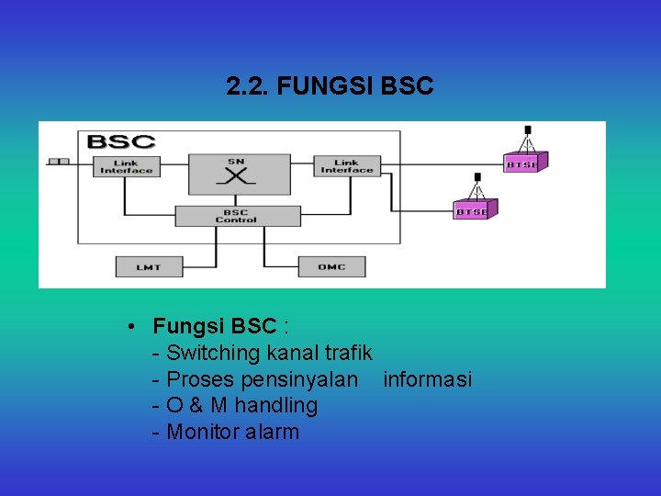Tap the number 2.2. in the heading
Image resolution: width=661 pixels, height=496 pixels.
pyautogui.click(x=248, y=86)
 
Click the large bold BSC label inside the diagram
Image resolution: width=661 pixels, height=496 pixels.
pyautogui.click(x=120, y=143)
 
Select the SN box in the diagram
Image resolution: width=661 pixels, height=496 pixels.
pyautogui.click(x=235, y=174)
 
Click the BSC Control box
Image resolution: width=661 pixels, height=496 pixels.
pyautogui.click(x=237, y=216)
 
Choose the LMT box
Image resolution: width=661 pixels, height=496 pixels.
pyautogui.click(x=149, y=266)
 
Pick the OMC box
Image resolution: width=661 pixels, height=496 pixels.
pyautogui.click(x=331, y=266)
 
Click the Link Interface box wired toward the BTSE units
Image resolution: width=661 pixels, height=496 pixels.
pyautogui.click(x=347, y=166)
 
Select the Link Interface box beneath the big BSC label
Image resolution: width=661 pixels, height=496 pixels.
pyautogui.click(x=127, y=166)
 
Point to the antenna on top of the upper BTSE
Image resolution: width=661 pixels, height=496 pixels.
pyautogui.click(x=527, y=137)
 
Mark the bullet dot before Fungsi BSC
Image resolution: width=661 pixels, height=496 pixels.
pyautogui.click(x=133, y=327)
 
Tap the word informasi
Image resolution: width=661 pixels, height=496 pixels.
pyautogui.click(x=427, y=379)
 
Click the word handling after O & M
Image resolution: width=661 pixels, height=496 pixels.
pyautogui.click(x=276, y=405)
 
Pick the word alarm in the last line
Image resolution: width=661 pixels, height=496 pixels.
pyautogui.click(x=273, y=432)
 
